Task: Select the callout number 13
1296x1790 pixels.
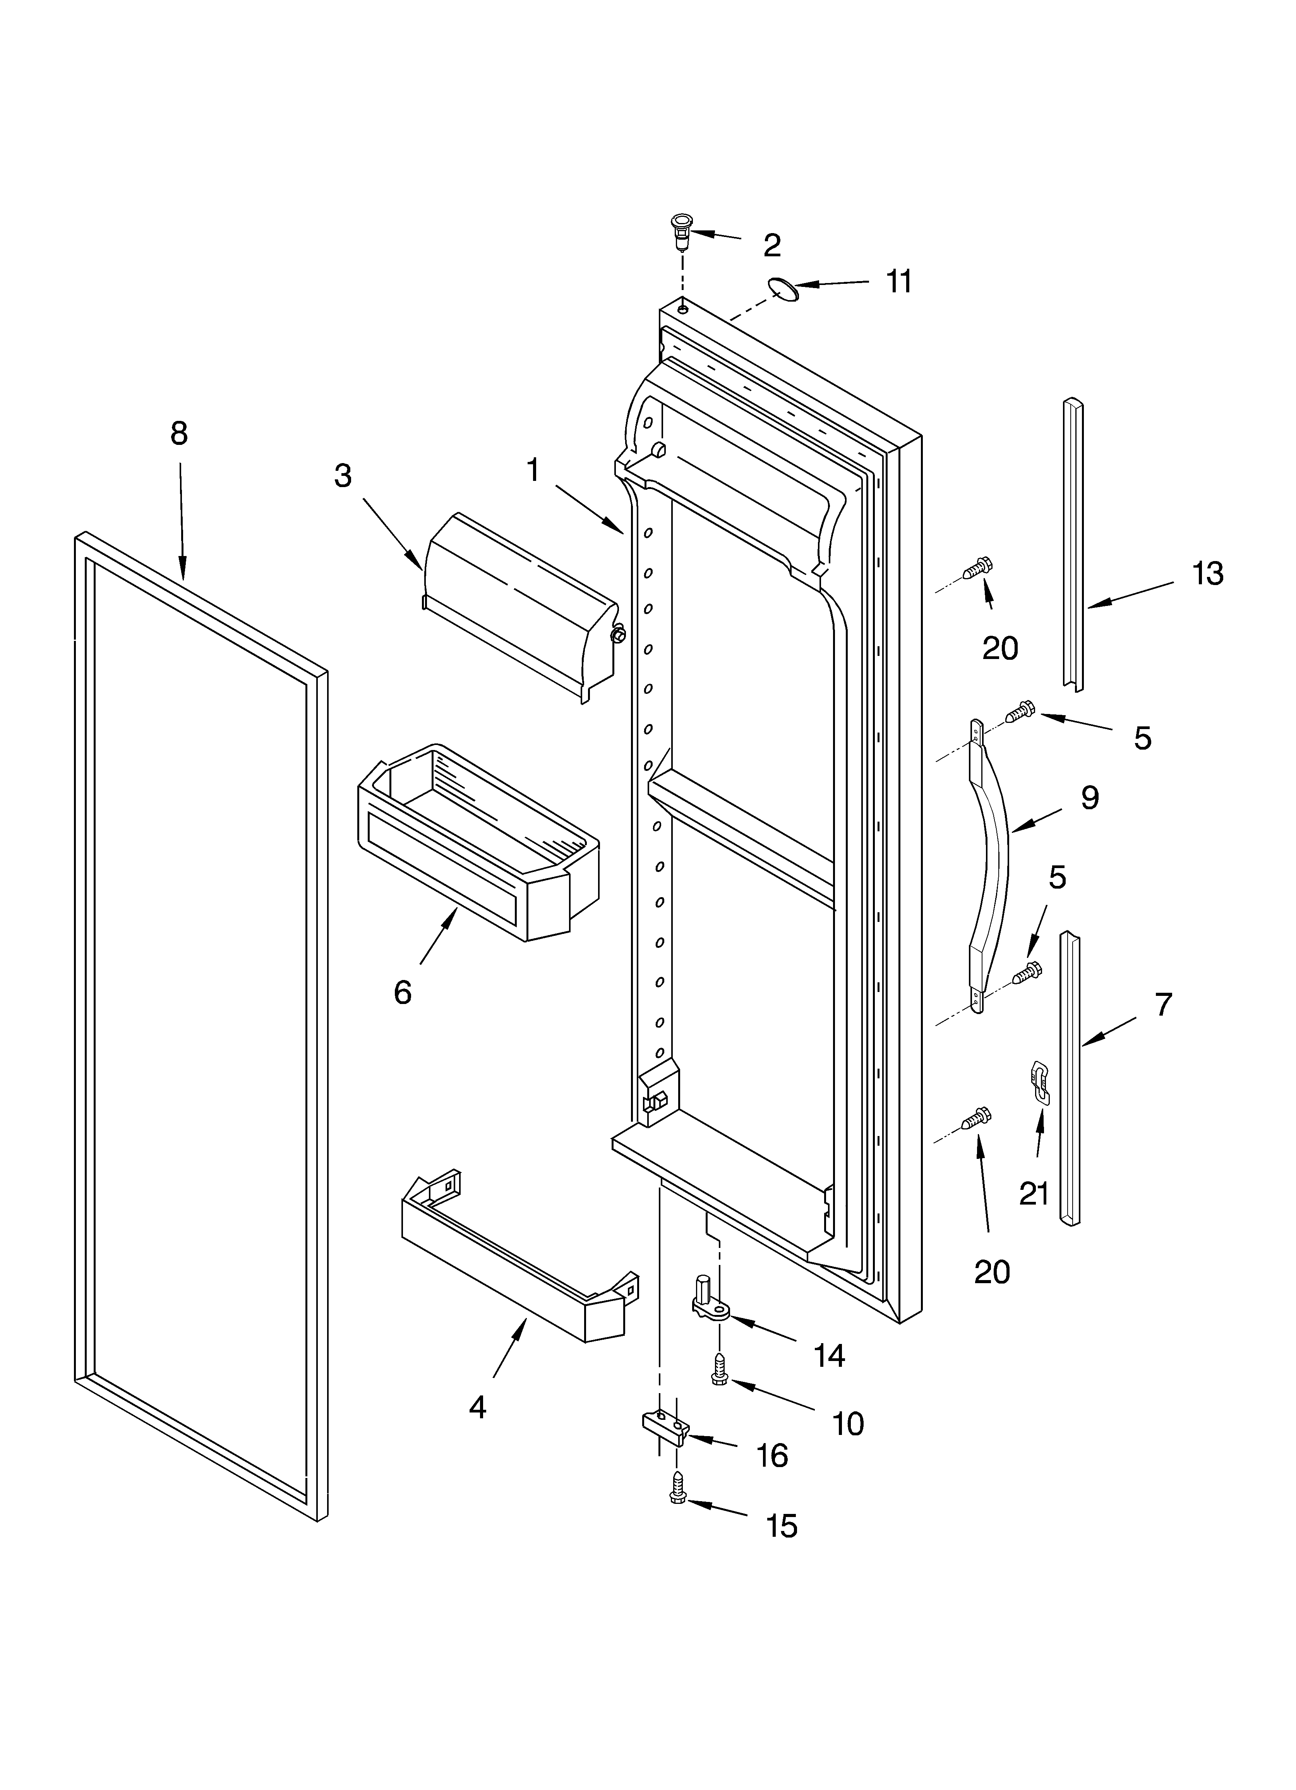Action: [1208, 574]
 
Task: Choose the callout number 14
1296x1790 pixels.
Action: [829, 1356]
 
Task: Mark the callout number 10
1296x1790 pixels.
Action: [848, 1424]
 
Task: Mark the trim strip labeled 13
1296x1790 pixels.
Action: [1072, 544]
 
